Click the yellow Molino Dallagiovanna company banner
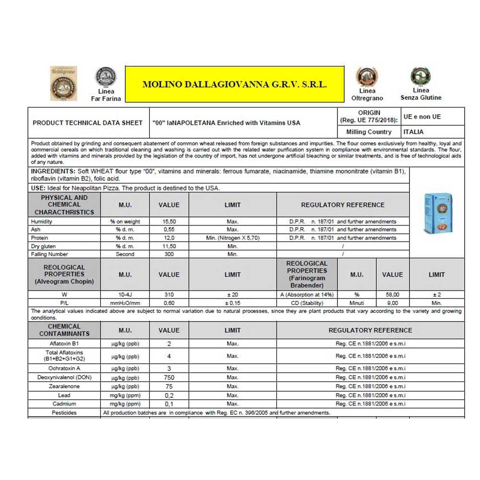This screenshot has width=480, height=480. click(x=235, y=84)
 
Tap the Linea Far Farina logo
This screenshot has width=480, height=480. click(x=106, y=76)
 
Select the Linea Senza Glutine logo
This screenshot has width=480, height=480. click(x=420, y=76)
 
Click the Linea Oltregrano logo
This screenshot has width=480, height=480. click(x=367, y=77)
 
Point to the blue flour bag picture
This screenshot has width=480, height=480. click(x=438, y=213)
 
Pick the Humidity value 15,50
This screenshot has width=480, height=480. click(x=169, y=222)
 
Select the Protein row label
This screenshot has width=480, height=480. click(x=39, y=238)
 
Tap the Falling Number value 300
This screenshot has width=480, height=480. click(x=169, y=254)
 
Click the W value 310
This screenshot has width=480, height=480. click(x=169, y=295)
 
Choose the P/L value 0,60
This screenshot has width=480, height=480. click(x=169, y=303)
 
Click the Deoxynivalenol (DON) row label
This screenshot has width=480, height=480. click(x=64, y=378)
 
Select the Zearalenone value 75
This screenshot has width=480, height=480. click(x=169, y=386)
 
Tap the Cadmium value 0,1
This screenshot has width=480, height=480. click(x=169, y=404)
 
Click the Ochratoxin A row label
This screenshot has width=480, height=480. click(x=64, y=369)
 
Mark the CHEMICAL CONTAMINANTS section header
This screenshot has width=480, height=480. click(x=64, y=330)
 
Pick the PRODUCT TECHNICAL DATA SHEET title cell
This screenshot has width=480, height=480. click(x=87, y=123)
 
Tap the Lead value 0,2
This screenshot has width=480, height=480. click(x=169, y=396)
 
